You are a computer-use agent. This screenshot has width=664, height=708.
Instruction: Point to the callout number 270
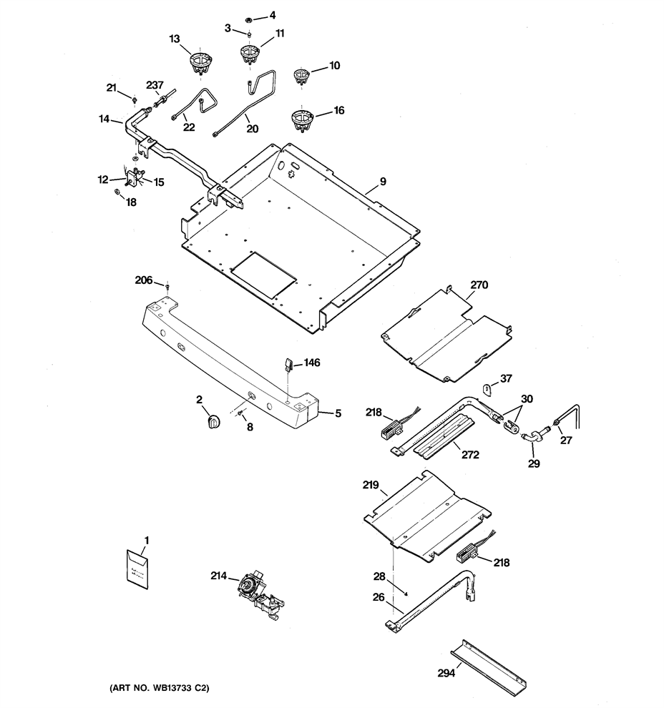pyautogui.click(x=479, y=285)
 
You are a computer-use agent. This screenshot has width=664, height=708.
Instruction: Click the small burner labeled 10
pyautogui.click(x=300, y=75)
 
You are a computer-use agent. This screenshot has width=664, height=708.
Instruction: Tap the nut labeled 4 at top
pyautogui.click(x=248, y=20)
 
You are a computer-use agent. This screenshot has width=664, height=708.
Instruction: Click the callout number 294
pyautogui.click(x=446, y=673)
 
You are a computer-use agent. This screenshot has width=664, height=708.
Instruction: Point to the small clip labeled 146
pyautogui.click(x=288, y=363)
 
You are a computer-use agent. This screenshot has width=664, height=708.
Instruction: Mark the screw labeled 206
pyautogui.click(x=167, y=287)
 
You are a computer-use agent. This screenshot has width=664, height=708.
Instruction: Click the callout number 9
pyautogui.click(x=383, y=182)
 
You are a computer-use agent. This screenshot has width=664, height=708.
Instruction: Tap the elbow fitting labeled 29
pyautogui.click(x=531, y=437)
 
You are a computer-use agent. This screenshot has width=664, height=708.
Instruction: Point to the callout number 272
pyautogui.click(x=470, y=455)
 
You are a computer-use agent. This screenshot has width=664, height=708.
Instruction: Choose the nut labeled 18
pyautogui.click(x=116, y=192)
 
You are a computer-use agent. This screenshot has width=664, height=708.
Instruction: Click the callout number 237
pyautogui.click(x=155, y=85)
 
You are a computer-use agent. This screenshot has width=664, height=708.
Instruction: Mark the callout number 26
pyautogui.click(x=379, y=597)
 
